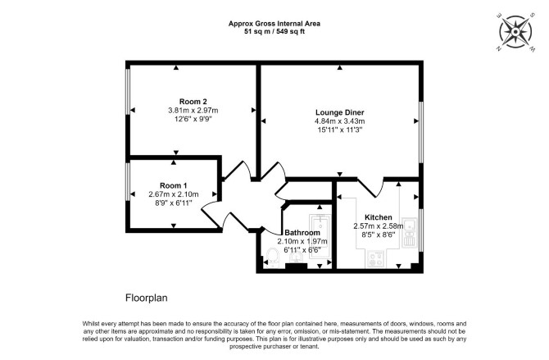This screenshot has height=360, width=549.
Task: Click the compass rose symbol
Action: coord(515,31)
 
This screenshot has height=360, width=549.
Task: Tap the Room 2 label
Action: coord(193,102)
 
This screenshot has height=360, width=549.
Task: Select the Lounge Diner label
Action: coord(339,112)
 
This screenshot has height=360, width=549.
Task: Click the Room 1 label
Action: coord(174,185)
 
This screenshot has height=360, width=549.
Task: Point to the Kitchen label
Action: coord(378,217)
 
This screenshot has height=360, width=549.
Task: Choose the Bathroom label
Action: coord(302,233)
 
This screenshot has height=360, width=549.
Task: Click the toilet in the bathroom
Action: coord(272,257)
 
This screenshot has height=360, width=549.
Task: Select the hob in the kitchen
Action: coord(375,259)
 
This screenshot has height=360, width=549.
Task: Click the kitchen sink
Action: coord(409,233)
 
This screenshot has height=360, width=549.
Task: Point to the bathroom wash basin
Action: coord(296,257)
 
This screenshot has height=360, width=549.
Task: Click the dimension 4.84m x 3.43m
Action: coord(339,121)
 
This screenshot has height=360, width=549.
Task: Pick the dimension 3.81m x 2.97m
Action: coord(193,111)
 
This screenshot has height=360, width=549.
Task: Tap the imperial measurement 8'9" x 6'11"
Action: coord(174,203)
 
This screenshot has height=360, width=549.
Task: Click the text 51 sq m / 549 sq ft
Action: coord(274,31)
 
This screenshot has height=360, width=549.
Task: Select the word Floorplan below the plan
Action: coord(147,298)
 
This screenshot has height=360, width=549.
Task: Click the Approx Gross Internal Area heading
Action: coord(274,24)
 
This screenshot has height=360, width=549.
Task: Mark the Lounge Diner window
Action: coord(421,133)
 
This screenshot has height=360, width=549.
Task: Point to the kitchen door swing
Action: coord(371,188)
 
